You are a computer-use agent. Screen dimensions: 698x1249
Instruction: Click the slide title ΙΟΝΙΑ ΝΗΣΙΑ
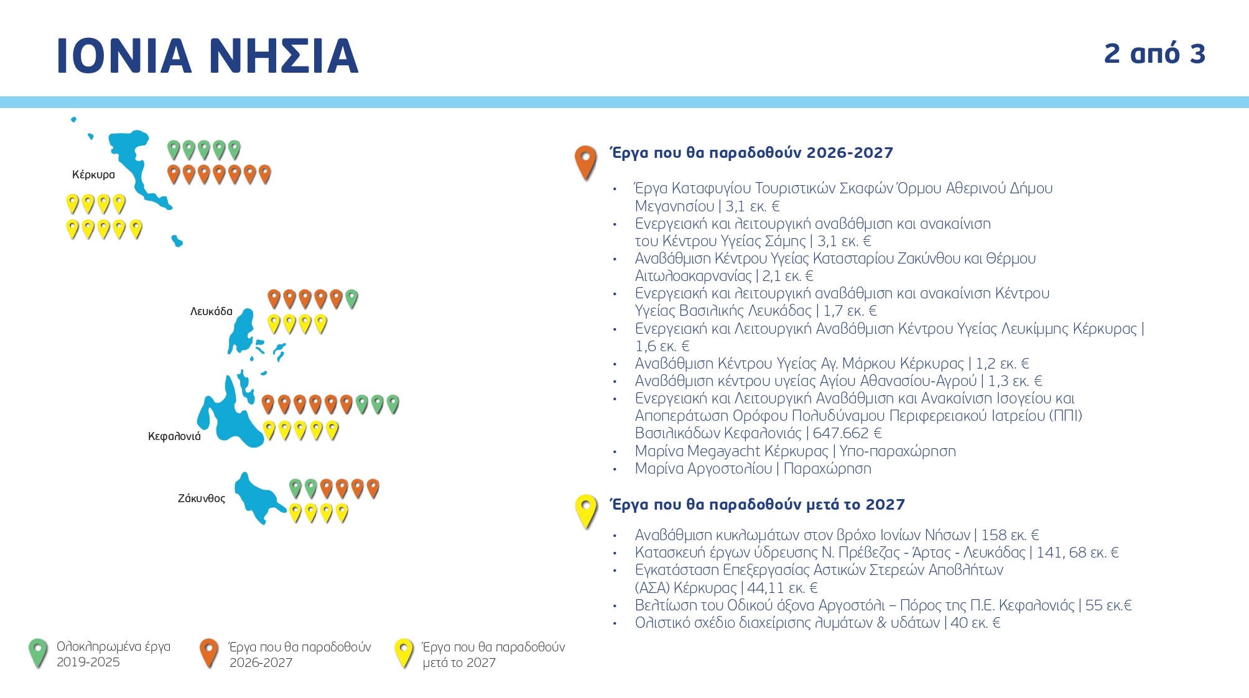[207, 56]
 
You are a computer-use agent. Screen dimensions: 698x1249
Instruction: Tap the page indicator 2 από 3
[1154, 54]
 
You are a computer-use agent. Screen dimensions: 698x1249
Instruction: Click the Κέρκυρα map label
[93, 175]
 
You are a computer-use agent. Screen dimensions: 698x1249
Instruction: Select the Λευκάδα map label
[211, 311]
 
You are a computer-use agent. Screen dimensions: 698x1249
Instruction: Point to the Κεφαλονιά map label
[174, 436]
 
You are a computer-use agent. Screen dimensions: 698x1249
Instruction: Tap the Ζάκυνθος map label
[202, 498]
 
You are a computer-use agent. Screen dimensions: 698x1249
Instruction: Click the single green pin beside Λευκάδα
[351, 298]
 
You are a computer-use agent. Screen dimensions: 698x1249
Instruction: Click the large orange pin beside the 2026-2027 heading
[585, 162]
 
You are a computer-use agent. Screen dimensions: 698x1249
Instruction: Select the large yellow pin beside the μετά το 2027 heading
[585, 510]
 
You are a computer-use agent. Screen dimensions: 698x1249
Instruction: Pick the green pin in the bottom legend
[38, 652]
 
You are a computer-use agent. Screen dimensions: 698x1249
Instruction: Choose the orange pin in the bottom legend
[209, 652]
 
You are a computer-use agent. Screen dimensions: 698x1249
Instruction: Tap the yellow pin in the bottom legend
[404, 652]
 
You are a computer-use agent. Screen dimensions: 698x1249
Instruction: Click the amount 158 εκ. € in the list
[1010, 535]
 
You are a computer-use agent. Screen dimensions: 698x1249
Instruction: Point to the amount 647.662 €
[847, 433]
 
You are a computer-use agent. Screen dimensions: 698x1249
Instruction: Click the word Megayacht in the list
[724, 451]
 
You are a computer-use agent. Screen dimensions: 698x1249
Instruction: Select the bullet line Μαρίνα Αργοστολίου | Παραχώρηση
[753, 469]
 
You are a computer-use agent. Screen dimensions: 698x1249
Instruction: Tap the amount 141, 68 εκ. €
[1077, 553]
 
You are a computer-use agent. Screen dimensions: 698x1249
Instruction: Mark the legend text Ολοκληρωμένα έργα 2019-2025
[113, 654]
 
